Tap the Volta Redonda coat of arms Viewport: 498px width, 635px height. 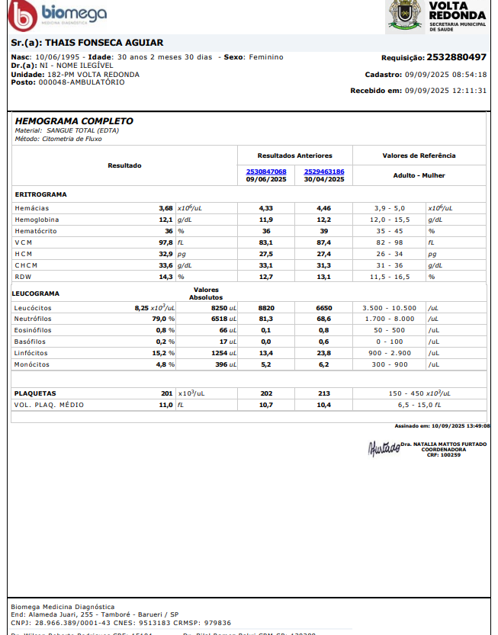[405, 15]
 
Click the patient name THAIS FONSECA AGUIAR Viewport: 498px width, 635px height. [87, 43]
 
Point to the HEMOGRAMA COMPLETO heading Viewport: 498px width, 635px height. [74, 121]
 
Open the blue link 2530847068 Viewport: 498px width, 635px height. [266, 172]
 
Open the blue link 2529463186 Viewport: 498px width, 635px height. [324, 172]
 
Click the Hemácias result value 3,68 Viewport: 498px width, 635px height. [165, 207]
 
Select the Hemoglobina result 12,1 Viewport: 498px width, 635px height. [165, 219]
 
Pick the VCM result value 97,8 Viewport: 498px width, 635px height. [165, 242]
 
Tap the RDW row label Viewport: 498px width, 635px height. [24, 276]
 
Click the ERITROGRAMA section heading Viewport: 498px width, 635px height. [40, 194]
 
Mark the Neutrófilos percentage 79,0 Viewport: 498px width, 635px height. [159, 319]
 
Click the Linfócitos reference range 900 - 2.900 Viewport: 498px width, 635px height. [390, 353]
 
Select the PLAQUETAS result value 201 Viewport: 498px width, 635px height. [167, 393]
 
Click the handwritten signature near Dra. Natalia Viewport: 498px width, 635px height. [384, 448]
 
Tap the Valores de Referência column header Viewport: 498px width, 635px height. [419, 156]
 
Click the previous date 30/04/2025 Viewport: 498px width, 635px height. [324, 179]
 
